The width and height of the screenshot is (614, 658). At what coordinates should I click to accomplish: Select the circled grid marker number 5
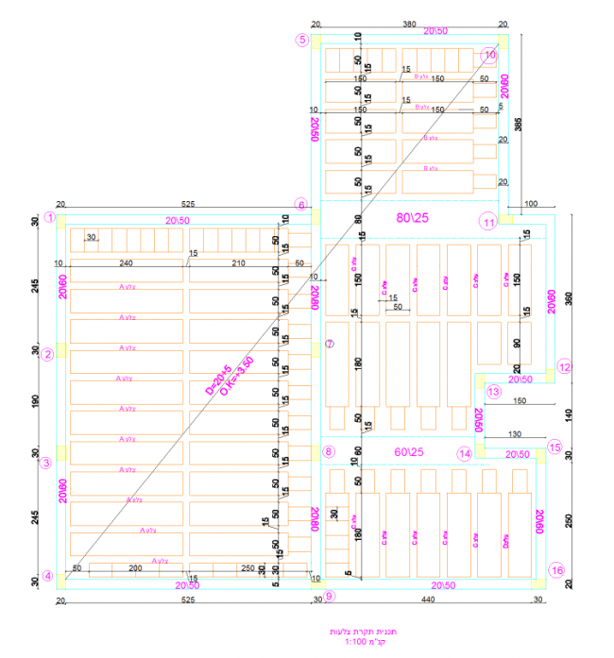(302, 40)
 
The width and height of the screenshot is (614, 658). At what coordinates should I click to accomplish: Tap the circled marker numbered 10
(489, 55)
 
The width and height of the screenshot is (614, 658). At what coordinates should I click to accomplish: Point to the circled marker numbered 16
(557, 570)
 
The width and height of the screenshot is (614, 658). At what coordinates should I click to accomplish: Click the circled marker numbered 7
(329, 344)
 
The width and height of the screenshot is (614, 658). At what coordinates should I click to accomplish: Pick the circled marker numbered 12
(564, 368)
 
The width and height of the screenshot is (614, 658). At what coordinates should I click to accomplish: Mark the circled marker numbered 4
(47, 576)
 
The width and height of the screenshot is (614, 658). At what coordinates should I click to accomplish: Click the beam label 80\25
(413, 217)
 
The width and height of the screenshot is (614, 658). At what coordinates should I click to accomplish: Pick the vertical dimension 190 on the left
(36, 400)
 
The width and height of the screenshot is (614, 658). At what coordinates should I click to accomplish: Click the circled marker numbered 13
(492, 391)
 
